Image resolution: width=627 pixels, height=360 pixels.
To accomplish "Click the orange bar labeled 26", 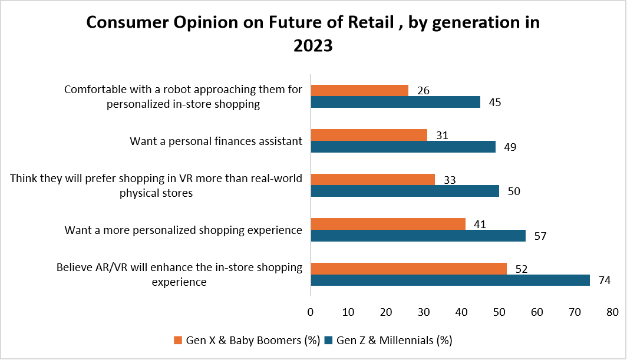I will click(x=359, y=90).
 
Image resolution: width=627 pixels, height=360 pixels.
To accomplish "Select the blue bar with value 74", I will click(x=450, y=280).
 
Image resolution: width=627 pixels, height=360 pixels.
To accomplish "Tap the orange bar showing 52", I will click(x=408, y=268).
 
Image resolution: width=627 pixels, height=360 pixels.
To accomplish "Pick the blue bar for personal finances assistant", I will click(x=402, y=147).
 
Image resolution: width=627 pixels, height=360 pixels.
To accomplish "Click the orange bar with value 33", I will click(x=372, y=179).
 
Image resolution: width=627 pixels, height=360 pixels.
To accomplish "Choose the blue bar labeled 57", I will click(x=418, y=236).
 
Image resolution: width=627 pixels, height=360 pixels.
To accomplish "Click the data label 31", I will click(x=441, y=135).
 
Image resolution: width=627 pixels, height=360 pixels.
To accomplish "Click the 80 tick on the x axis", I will click(x=612, y=311).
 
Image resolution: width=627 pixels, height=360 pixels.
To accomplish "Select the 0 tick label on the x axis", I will click(x=311, y=311).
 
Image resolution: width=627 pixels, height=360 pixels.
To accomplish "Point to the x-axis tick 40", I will click(x=461, y=311).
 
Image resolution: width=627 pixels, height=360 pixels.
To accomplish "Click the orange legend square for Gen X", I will click(x=178, y=341).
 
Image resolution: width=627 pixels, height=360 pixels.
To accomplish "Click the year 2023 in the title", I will click(x=313, y=46).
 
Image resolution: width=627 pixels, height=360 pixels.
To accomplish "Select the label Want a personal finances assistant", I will click(x=216, y=141).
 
